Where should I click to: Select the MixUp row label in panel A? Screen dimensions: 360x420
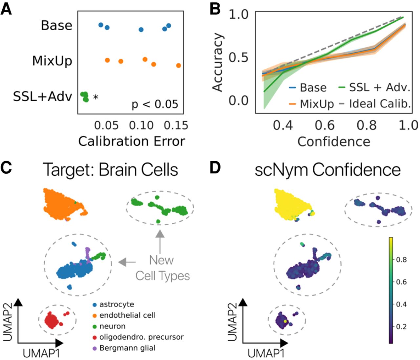pyautogui.click(x=52, y=61)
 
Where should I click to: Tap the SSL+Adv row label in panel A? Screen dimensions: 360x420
pyautogui.click(x=43, y=96)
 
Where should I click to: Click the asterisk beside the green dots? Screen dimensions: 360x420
pyautogui.click(x=95, y=98)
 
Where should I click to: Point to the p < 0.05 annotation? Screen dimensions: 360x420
pyautogui.click(x=155, y=104)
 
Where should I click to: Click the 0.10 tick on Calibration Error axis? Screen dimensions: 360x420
pyautogui.click(x=141, y=125)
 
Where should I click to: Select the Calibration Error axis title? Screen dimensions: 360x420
pyautogui.click(x=131, y=141)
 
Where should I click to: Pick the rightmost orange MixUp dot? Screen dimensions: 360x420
pyautogui.click(x=178, y=66)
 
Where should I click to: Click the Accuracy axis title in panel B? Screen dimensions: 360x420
pyautogui.click(x=218, y=62)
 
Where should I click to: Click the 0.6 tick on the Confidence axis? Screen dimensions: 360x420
pyautogui.click(x=325, y=125)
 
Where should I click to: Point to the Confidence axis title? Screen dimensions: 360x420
pyautogui.click(x=334, y=142)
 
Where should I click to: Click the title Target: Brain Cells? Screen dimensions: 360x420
pyautogui.click(x=111, y=170)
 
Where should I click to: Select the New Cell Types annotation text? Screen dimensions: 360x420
pyautogui.click(x=163, y=268)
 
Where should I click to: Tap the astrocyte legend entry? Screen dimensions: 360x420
pyautogui.click(x=116, y=304)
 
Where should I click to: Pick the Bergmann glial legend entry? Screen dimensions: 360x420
pyautogui.click(x=127, y=348)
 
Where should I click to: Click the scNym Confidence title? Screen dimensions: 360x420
pyautogui.click(x=328, y=170)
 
